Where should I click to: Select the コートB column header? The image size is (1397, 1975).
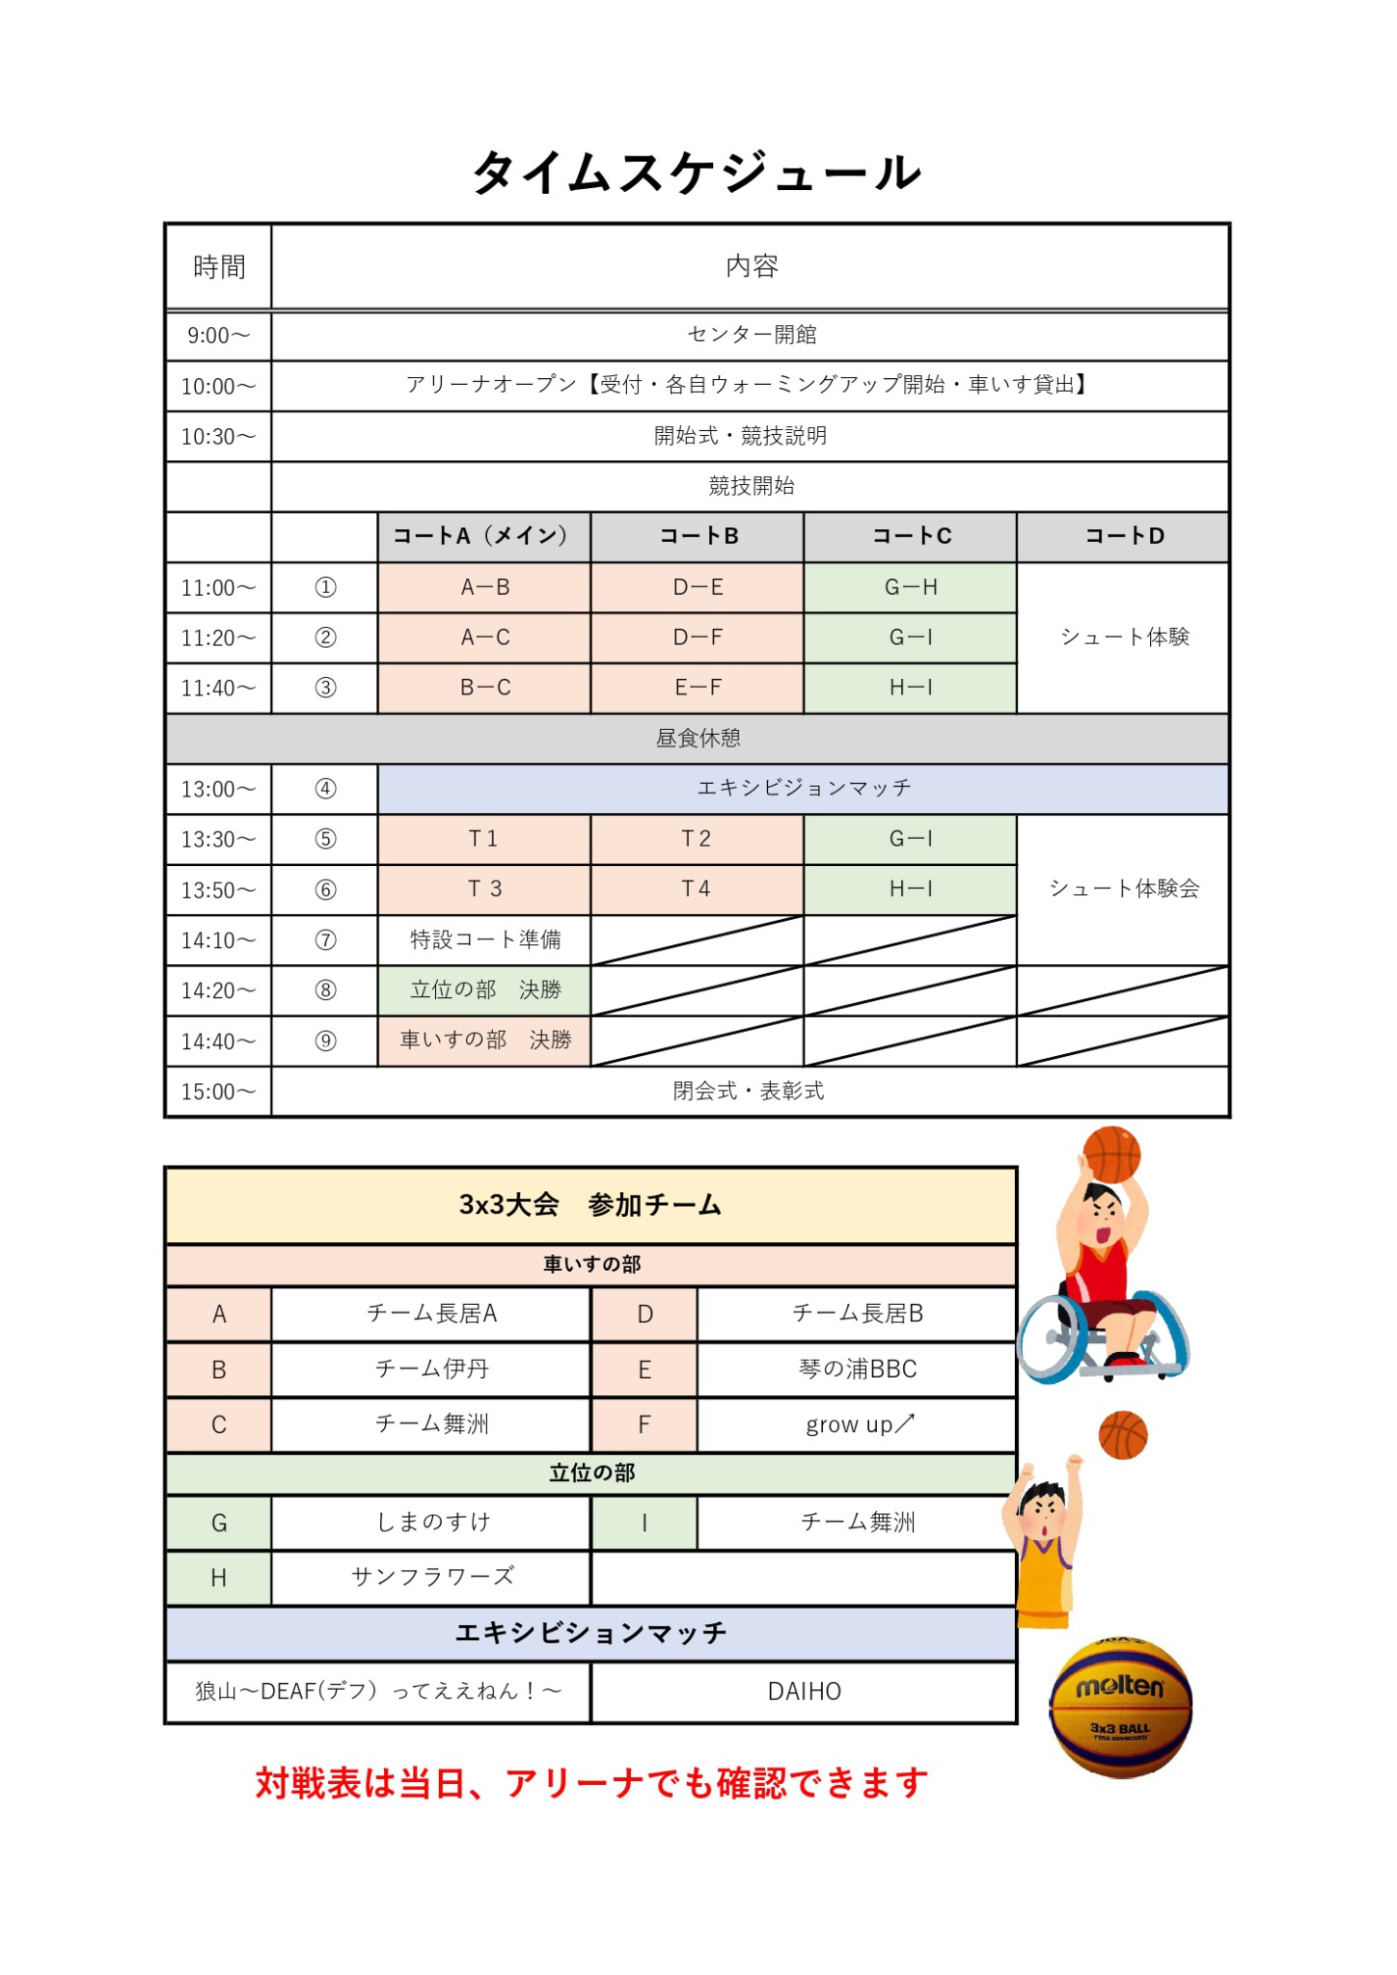tap(698, 536)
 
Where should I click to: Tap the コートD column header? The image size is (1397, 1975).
tap(1123, 536)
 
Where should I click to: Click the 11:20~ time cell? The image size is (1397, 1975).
tap(219, 637)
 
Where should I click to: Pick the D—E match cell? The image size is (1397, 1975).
tap(698, 587)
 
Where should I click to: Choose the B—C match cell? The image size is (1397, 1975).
tap(484, 688)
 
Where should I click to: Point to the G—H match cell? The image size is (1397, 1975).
tap(910, 587)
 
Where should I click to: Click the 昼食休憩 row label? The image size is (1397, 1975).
tap(698, 739)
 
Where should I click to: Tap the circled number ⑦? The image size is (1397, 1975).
tap(325, 940)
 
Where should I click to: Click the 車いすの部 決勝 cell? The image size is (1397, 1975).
tap(484, 1041)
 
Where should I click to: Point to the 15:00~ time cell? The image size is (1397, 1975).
tap(219, 1092)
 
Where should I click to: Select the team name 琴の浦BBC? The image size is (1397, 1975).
tap(857, 1369)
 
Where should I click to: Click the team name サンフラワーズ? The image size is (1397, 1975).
tap(431, 1577)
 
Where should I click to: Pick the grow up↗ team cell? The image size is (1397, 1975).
tap(857, 1424)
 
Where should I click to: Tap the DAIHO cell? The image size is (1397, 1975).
tap(804, 1691)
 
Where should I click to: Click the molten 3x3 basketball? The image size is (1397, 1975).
tap(1120, 1708)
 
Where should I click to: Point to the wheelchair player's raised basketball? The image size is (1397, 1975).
tap(1111, 1153)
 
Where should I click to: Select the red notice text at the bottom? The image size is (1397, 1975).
tap(591, 1783)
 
